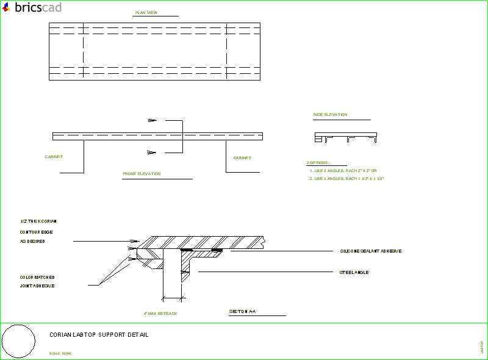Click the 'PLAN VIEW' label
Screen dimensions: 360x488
point(146,12)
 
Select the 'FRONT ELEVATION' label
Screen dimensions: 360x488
point(142,174)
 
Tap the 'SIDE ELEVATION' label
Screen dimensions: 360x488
point(331,115)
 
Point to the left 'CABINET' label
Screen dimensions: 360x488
point(54,157)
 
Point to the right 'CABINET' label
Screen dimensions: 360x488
point(242,158)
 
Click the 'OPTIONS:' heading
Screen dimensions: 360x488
point(318,163)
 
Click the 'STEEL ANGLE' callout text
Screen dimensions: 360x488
point(354,272)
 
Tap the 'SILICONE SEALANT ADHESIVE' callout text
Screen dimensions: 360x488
point(370,251)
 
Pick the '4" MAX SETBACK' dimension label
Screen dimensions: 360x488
point(160,313)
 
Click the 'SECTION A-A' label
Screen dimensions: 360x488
point(242,312)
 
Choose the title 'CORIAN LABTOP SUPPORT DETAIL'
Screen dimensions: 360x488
point(99,335)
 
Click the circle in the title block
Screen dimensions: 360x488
point(18,341)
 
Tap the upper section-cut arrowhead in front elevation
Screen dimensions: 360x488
point(152,120)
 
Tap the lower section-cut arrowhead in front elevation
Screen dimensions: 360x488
point(152,152)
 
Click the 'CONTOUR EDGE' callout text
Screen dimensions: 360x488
point(36,232)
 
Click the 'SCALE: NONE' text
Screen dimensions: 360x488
point(60,353)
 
